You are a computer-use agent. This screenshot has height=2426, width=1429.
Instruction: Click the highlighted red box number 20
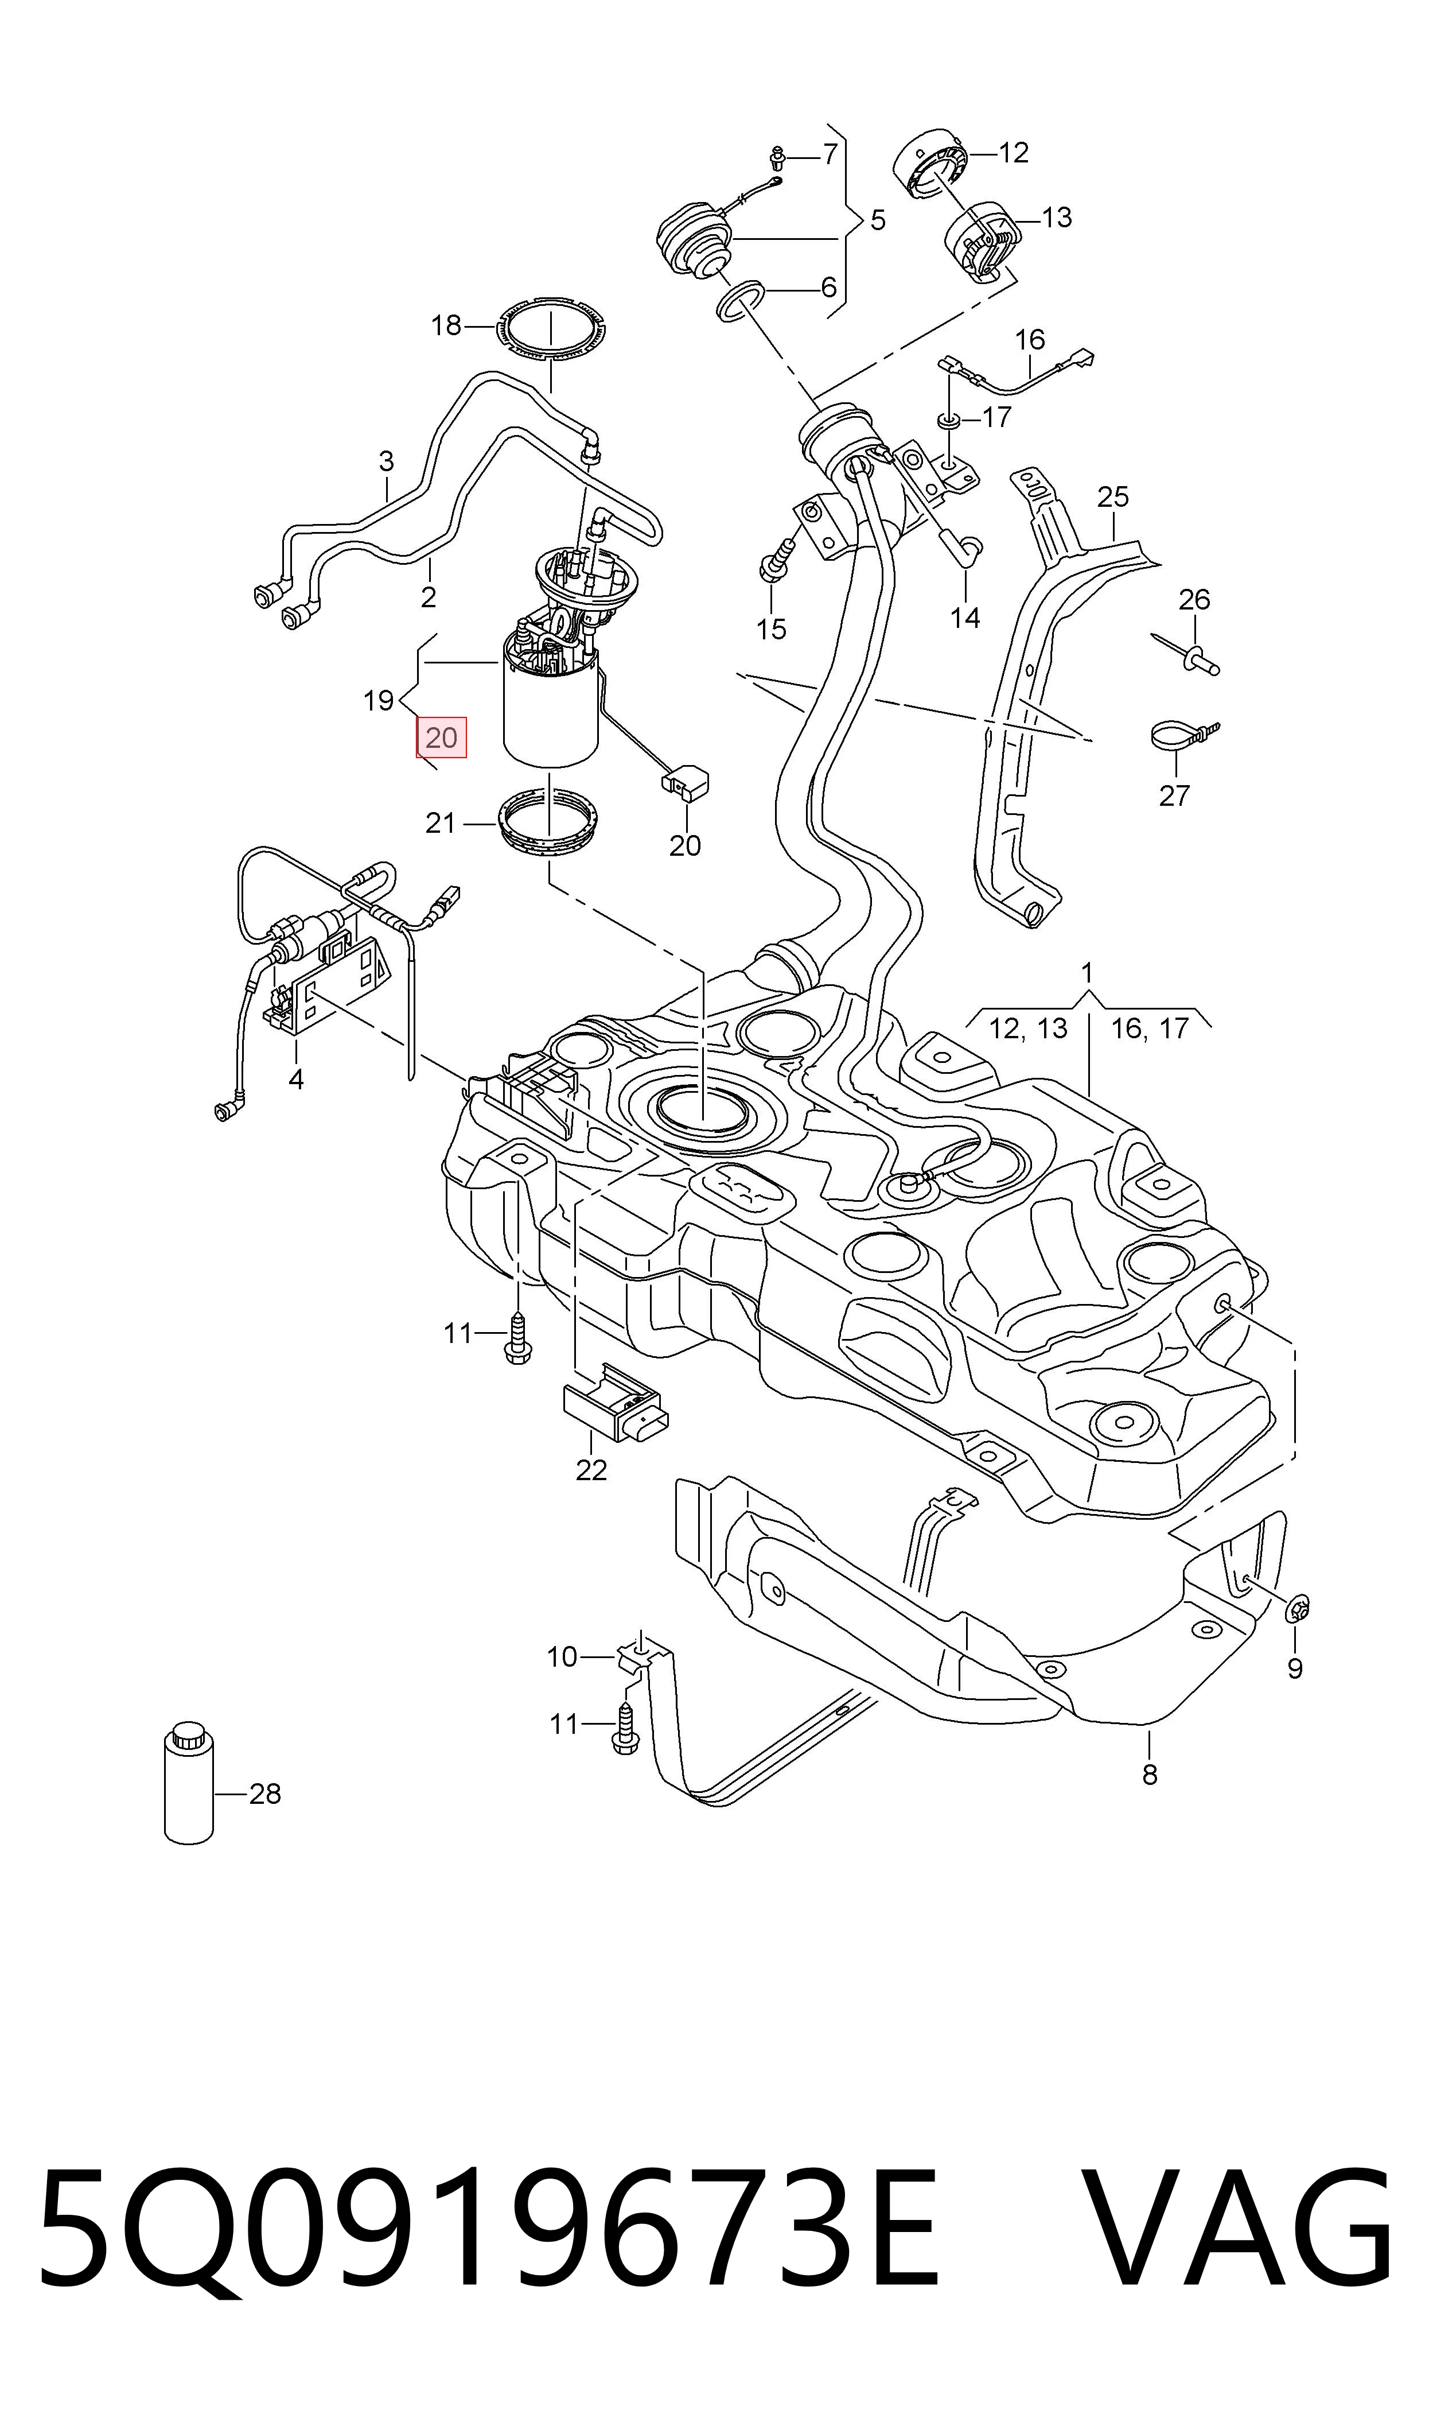[441, 737]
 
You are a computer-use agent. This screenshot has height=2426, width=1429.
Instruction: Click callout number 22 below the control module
[591, 1470]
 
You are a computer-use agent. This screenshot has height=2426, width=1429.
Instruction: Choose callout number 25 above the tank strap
[1112, 497]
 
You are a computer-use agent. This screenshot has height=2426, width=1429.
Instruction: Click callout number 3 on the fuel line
[386, 461]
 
